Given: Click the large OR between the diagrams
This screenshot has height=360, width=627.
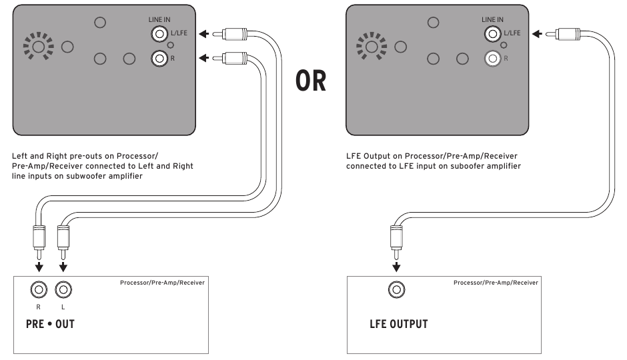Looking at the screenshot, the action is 311,81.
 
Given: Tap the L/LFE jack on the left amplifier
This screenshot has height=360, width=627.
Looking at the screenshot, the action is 159,34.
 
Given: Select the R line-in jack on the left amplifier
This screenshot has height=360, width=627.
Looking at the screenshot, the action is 159,59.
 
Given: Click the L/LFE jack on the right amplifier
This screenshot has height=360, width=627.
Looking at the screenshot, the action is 492,34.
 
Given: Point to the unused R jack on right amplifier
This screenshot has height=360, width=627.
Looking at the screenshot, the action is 492,59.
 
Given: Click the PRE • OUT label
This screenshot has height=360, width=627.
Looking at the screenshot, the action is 51,324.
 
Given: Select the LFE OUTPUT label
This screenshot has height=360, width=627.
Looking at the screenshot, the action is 399,324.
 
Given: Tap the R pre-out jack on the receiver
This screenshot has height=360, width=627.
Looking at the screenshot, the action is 39,290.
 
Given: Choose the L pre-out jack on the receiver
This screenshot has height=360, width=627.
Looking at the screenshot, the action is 63,290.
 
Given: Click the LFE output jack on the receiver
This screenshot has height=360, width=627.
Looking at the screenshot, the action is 396,290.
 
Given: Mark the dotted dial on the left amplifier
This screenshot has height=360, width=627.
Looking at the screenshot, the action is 39,47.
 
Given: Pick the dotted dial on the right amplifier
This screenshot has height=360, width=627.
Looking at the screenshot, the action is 372,47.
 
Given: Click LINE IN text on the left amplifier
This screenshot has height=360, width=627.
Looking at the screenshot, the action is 159,19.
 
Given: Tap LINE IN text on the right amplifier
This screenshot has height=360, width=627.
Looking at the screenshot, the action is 492,19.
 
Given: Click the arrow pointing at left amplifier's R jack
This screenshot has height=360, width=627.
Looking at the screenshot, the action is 204,59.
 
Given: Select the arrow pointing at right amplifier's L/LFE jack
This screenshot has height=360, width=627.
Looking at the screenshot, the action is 537,34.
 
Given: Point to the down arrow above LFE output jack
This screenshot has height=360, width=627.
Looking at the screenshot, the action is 396,267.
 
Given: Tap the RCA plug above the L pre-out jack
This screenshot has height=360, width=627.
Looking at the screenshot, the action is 63,243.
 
